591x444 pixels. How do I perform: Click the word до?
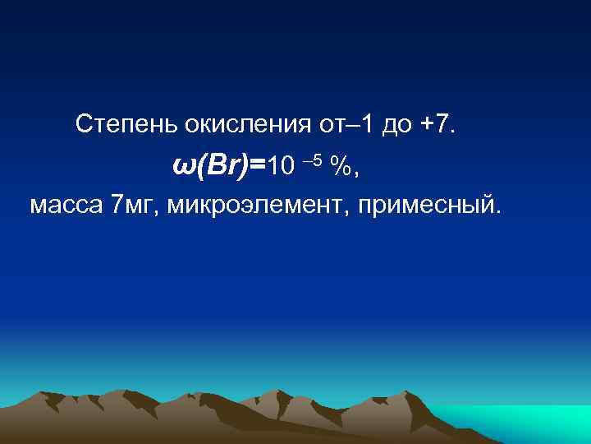tap(396, 125)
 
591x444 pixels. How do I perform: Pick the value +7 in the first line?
tap(436, 125)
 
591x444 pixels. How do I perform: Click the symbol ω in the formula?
tap(184, 167)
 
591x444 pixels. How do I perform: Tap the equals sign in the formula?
tap(257, 166)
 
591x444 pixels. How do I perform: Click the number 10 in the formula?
tap(279, 166)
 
